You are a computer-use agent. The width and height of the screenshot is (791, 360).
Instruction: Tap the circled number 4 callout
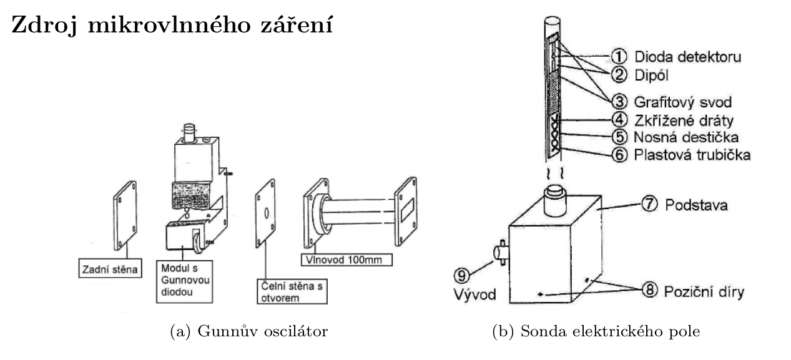[x=620, y=119]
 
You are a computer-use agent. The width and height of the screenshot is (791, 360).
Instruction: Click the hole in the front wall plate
[x=265, y=213]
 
